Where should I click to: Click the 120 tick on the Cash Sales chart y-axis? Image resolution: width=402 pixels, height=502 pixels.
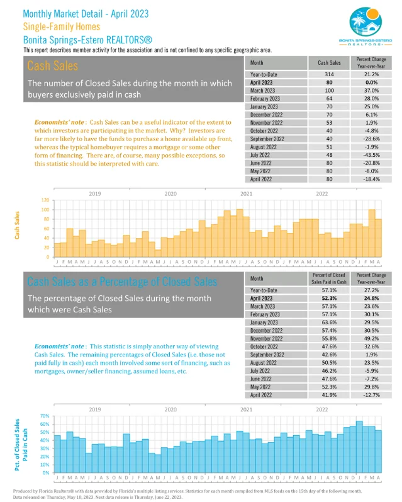(45, 200)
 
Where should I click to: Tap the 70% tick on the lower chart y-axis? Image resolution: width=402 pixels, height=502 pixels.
(45, 416)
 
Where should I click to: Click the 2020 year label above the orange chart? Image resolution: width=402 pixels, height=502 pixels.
(170, 193)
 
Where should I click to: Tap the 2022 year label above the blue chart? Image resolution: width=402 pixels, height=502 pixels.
(321, 409)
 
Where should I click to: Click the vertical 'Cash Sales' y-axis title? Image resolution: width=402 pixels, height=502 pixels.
(16, 228)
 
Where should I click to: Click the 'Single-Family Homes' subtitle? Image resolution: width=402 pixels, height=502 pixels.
(61, 26)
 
